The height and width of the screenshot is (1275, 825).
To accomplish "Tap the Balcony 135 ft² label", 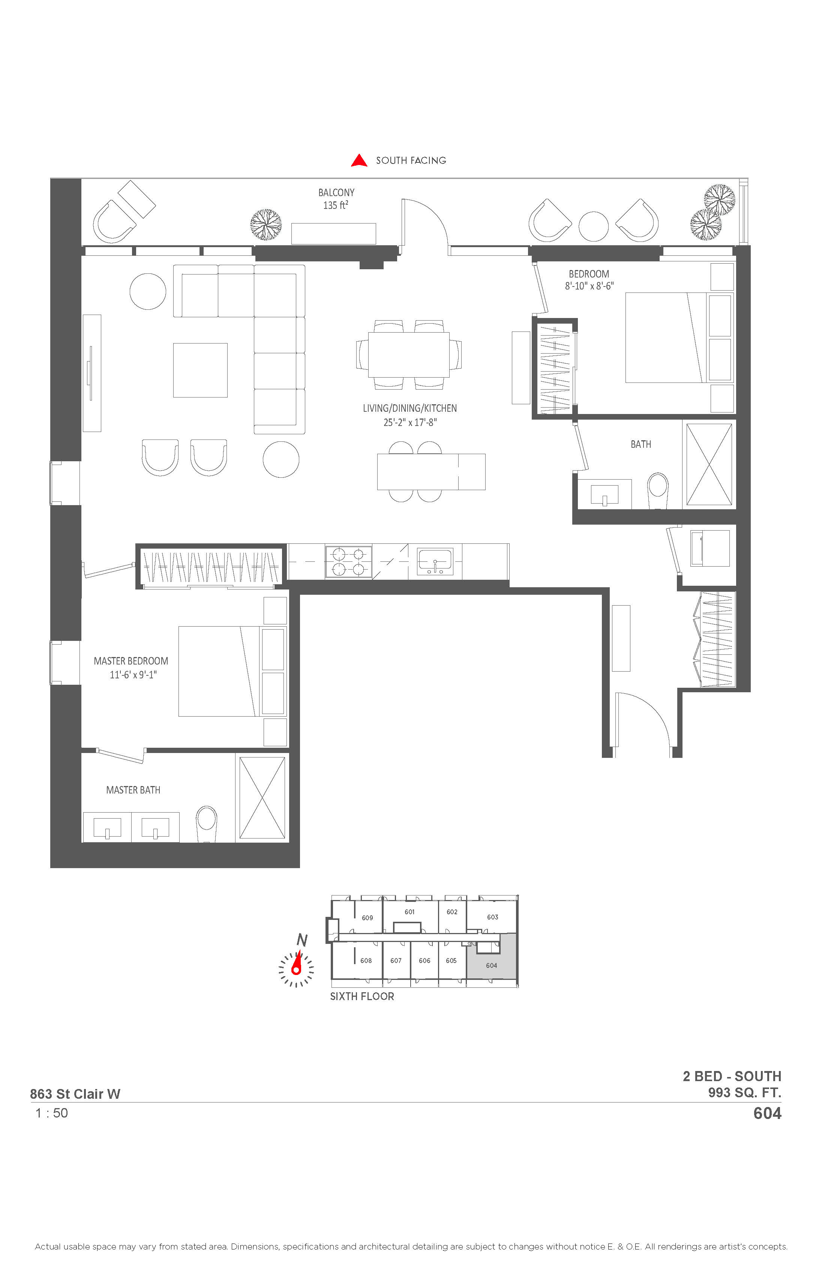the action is (336, 199).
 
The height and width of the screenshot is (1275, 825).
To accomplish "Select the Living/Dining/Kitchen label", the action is (410, 408).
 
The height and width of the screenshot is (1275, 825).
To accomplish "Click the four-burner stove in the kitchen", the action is (348, 561).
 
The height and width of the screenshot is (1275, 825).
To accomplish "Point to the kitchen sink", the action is (435, 561).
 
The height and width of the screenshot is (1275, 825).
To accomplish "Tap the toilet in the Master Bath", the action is (206, 824).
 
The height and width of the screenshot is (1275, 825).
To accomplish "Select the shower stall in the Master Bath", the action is (262, 798).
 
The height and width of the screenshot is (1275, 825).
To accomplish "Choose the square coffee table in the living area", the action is (200, 370).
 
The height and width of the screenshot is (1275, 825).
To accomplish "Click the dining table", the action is (409, 355).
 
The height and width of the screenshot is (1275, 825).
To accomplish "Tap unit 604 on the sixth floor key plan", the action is (491, 965).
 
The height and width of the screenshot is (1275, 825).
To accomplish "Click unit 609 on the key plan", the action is (367, 918).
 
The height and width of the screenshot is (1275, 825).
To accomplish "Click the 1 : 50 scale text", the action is (51, 1113).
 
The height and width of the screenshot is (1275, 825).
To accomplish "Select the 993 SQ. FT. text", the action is (745, 1092).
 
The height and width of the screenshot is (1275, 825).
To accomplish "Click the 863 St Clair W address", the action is (75, 1094).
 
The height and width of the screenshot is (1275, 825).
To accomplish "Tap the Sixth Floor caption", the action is (362, 996).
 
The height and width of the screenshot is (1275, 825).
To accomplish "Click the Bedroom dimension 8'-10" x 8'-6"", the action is (589, 286).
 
